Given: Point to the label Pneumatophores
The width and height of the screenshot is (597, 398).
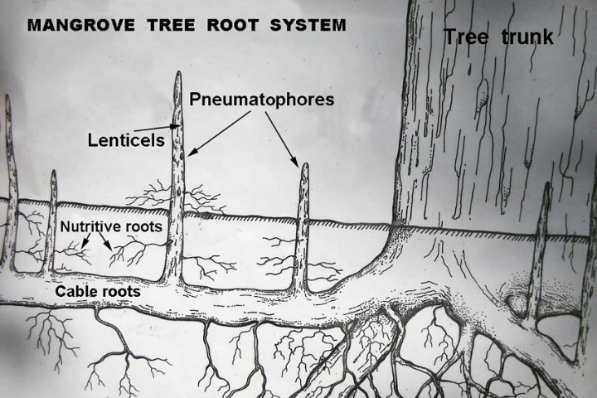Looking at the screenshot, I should [261, 99].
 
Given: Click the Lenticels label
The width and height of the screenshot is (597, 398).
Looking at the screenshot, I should [126, 140].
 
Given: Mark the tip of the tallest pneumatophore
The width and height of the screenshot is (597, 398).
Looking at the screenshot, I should [178, 75].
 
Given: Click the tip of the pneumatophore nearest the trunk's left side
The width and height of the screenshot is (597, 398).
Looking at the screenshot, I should [305, 166].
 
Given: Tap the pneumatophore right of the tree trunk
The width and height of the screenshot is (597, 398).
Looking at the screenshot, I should [544, 249].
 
